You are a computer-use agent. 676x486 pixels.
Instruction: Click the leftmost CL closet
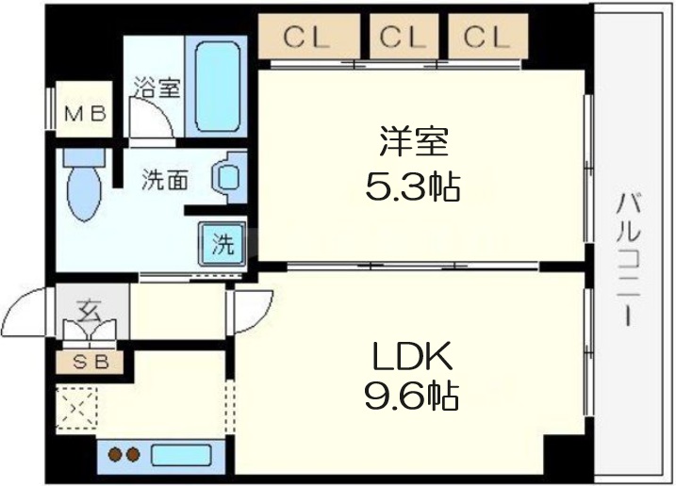(x=308, y=36)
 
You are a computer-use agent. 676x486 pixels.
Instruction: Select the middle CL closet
(x=404, y=36)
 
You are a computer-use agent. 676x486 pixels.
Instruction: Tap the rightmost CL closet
(x=487, y=36)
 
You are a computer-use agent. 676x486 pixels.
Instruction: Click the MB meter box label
(x=85, y=114)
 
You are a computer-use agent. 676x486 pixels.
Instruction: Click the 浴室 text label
(x=157, y=87)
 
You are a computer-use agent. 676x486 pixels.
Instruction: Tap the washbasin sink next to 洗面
(x=229, y=177)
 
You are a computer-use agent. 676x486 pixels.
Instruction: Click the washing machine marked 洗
(x=222, y=244)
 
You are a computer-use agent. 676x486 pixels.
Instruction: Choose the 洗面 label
(x=165, y=180)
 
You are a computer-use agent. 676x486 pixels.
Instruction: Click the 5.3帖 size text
(x=413, y=187)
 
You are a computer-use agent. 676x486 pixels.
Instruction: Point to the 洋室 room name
(x=414, y=141)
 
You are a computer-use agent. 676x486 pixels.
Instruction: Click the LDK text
(x=413, y=356)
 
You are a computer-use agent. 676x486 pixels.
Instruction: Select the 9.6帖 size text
(x=412, y=396)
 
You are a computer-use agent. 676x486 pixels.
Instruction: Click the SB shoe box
(x=91, y=363)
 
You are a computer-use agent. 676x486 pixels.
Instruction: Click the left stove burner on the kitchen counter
(x=115, y=454)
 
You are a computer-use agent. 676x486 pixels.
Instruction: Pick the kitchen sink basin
(x=181, y=455)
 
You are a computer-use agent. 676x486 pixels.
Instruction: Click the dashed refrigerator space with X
(x=77, y=408)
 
